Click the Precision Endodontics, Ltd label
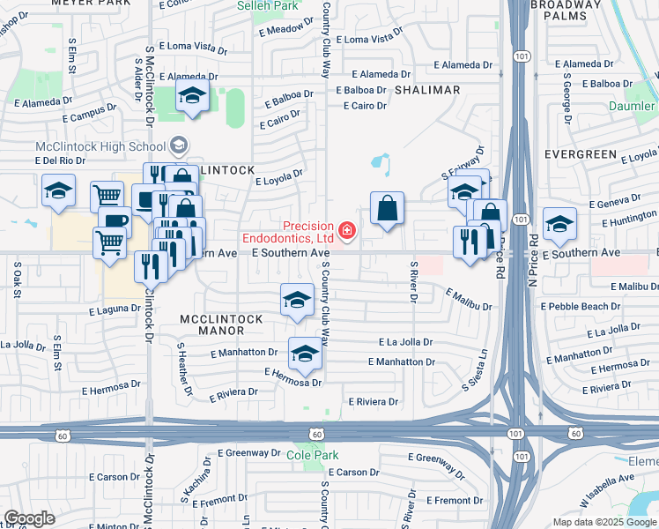coord(288,232)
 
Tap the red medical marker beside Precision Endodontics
coord(347,232)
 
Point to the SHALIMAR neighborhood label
coord(427,90)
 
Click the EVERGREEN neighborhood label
coord(580,153)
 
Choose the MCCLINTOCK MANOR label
coord(211,324)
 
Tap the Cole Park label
coord(306,455)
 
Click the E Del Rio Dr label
coord(59,160)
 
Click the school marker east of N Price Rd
coord(559,224)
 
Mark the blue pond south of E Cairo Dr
coord(381,162)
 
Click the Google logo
coord(29,518)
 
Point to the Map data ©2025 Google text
coord(603,522)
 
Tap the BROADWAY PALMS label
coord(566,10)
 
